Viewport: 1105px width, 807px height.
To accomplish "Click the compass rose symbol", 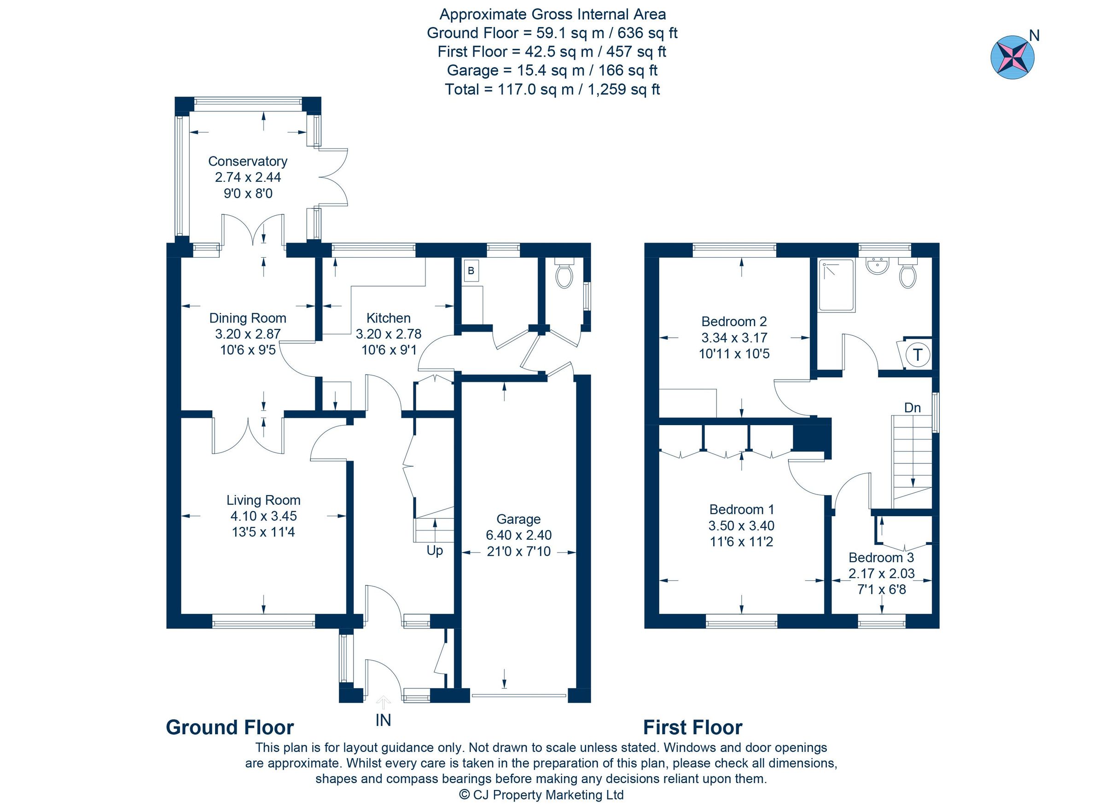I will [1012, 57].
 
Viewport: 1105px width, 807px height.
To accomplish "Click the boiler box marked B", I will [471, 271].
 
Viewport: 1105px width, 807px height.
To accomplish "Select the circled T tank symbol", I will [917, 355].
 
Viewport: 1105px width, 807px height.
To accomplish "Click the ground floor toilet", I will [564, 275].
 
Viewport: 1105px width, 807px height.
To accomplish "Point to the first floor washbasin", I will [878, 266].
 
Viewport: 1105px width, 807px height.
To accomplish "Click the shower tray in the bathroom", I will [837, 286].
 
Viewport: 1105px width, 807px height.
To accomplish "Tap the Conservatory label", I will [247, 161].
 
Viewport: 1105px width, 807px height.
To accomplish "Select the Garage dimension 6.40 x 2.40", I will [518, 536].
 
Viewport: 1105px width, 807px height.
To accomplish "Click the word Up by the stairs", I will [435, 551].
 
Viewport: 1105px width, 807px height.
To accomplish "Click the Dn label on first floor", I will [912, 408].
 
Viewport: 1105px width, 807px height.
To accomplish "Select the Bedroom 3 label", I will [881, 557].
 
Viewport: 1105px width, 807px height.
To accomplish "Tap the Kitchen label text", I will [388, 318].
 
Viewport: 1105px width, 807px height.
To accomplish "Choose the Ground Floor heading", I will [230, 728].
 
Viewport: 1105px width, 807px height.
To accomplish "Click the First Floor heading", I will [692, 728].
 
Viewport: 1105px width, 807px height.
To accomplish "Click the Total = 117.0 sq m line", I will [552, 89].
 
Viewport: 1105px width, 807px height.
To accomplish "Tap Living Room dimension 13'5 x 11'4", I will [263, 532].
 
